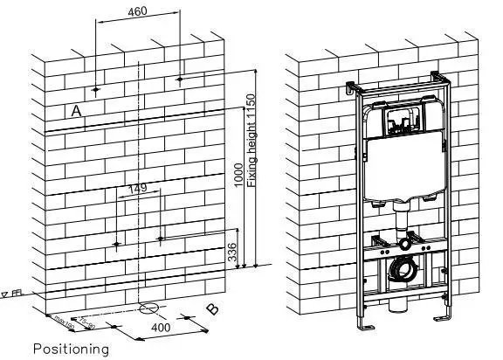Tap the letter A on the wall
coord(78,111)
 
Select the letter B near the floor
coord(212,308)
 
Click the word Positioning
coord(71,350)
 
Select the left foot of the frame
coord(365,328)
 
